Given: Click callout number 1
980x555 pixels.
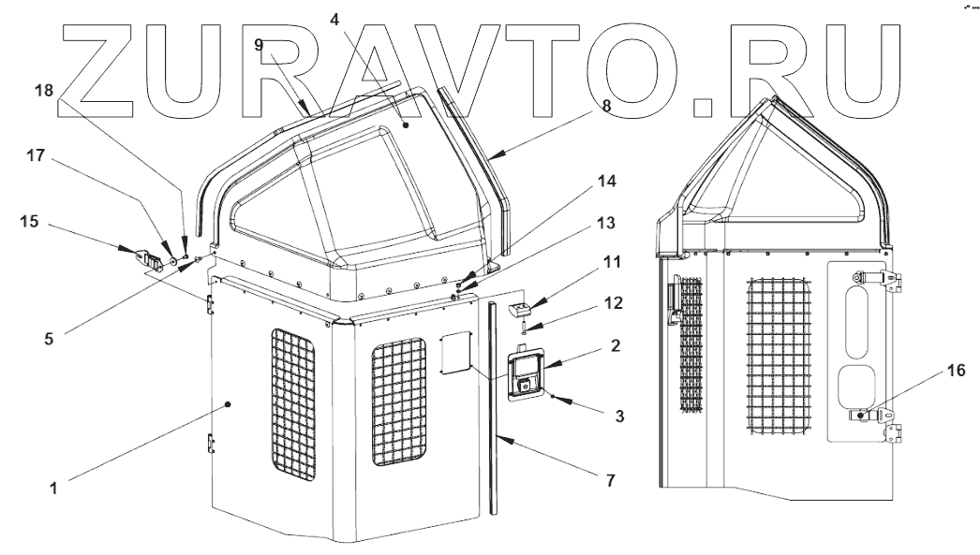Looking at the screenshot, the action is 54,488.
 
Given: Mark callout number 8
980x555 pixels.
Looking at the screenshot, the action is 605,106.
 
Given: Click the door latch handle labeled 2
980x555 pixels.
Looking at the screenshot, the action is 527,375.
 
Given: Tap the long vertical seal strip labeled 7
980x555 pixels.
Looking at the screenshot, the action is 489,412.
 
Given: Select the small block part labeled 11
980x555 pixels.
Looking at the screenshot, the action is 518,309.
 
